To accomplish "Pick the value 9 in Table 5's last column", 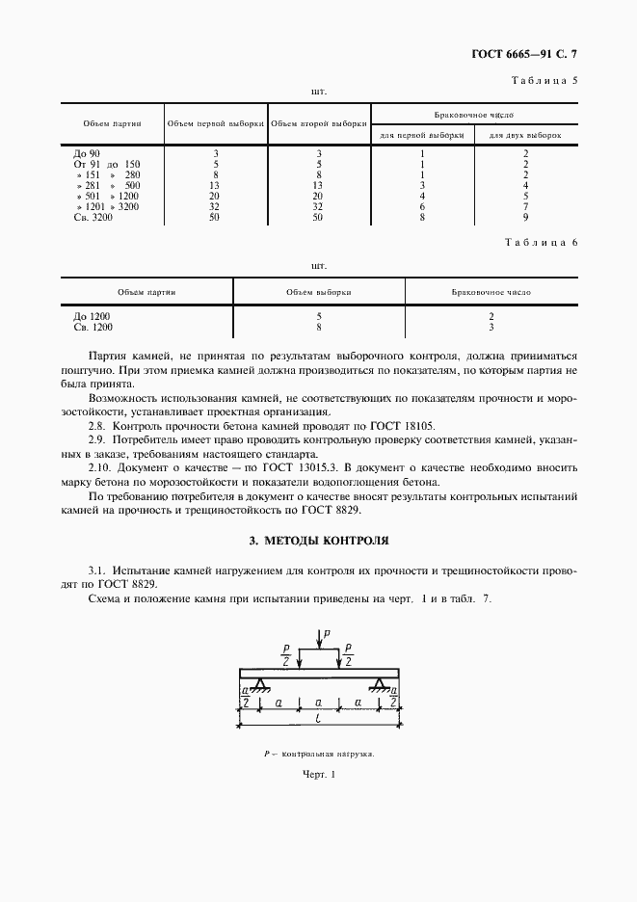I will click(x=525, y=218).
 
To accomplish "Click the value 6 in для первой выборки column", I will click(x=423, y=207).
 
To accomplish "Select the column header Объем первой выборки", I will click(x=216, y=123).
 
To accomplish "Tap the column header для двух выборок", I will click(x=525, y=134).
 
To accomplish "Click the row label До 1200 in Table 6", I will click(x=92, y=316).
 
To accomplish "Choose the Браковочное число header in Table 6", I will click(x=491, y=290).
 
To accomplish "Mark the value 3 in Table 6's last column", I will click(x=491, y=327).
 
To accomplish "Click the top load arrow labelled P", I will click(x=319, y=639).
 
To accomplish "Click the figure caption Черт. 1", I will click(x=318, y=777).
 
